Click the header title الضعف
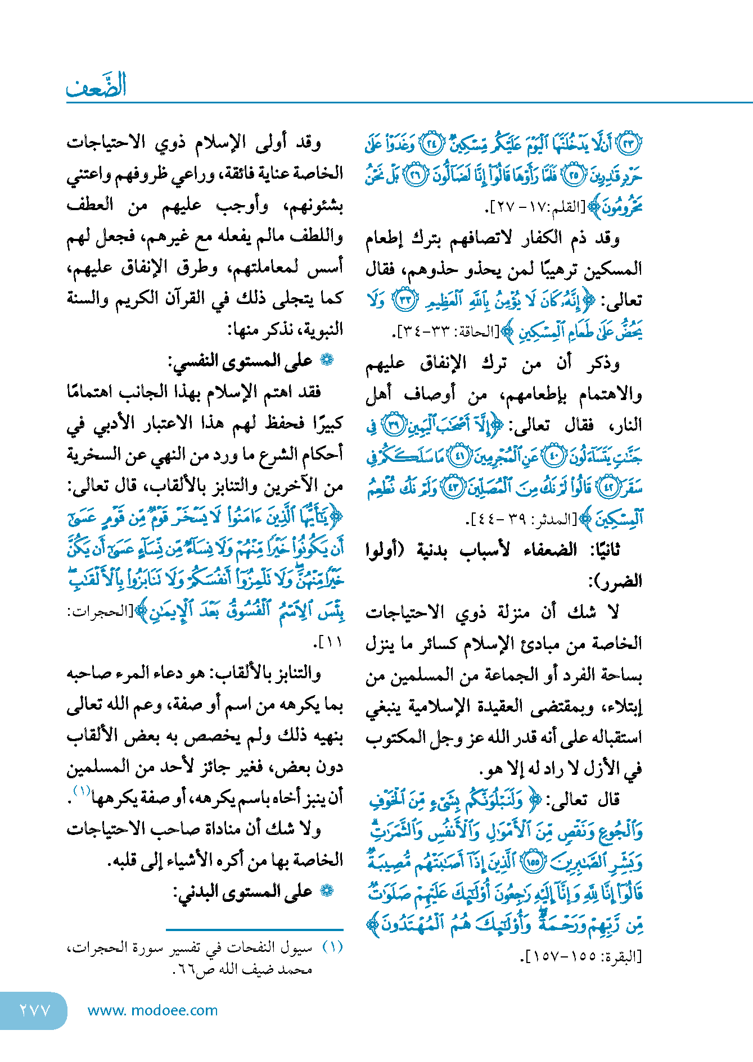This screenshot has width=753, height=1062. [x=96, y=86]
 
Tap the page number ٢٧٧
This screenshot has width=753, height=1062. [x=35, y=1010]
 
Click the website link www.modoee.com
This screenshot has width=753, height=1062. [x=153, y=1010]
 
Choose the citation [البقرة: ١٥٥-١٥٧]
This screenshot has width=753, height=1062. [x=581, y=956]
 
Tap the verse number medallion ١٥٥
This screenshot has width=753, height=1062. [x=533, y=861]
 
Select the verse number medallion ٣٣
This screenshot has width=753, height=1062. [x=404, y=300]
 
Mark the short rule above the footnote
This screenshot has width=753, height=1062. [x=255, y=930]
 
